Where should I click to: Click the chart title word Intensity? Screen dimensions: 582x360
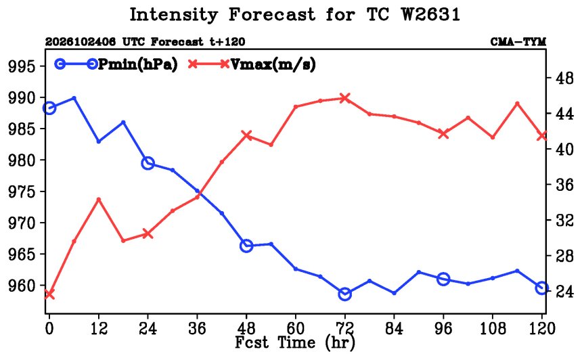[173, 15]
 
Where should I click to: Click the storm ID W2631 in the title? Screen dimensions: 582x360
[430, 15]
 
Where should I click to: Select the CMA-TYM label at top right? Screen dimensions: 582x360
[518, 42]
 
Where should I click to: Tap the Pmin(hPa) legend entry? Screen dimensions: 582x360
[116, 64]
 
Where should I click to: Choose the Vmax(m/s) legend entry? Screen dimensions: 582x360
[252, 64]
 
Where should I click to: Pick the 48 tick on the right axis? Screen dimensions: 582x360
[564, 78]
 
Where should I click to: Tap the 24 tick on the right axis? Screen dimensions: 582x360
[564, 291]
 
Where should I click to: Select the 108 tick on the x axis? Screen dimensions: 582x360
[493, 328]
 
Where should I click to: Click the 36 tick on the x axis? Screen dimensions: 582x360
[197, 328]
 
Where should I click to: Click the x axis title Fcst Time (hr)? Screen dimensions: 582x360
[295, 342]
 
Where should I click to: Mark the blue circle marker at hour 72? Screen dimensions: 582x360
[345, 294]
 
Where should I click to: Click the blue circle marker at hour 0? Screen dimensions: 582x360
[49, 108]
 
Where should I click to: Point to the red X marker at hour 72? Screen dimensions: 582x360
[345, 98]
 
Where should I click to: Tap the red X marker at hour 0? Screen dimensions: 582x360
[49, 294]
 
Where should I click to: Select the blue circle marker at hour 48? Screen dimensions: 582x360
[246, 246]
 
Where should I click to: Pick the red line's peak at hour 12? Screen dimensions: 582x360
[99, 200]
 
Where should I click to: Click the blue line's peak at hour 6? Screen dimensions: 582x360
[74, 98]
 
